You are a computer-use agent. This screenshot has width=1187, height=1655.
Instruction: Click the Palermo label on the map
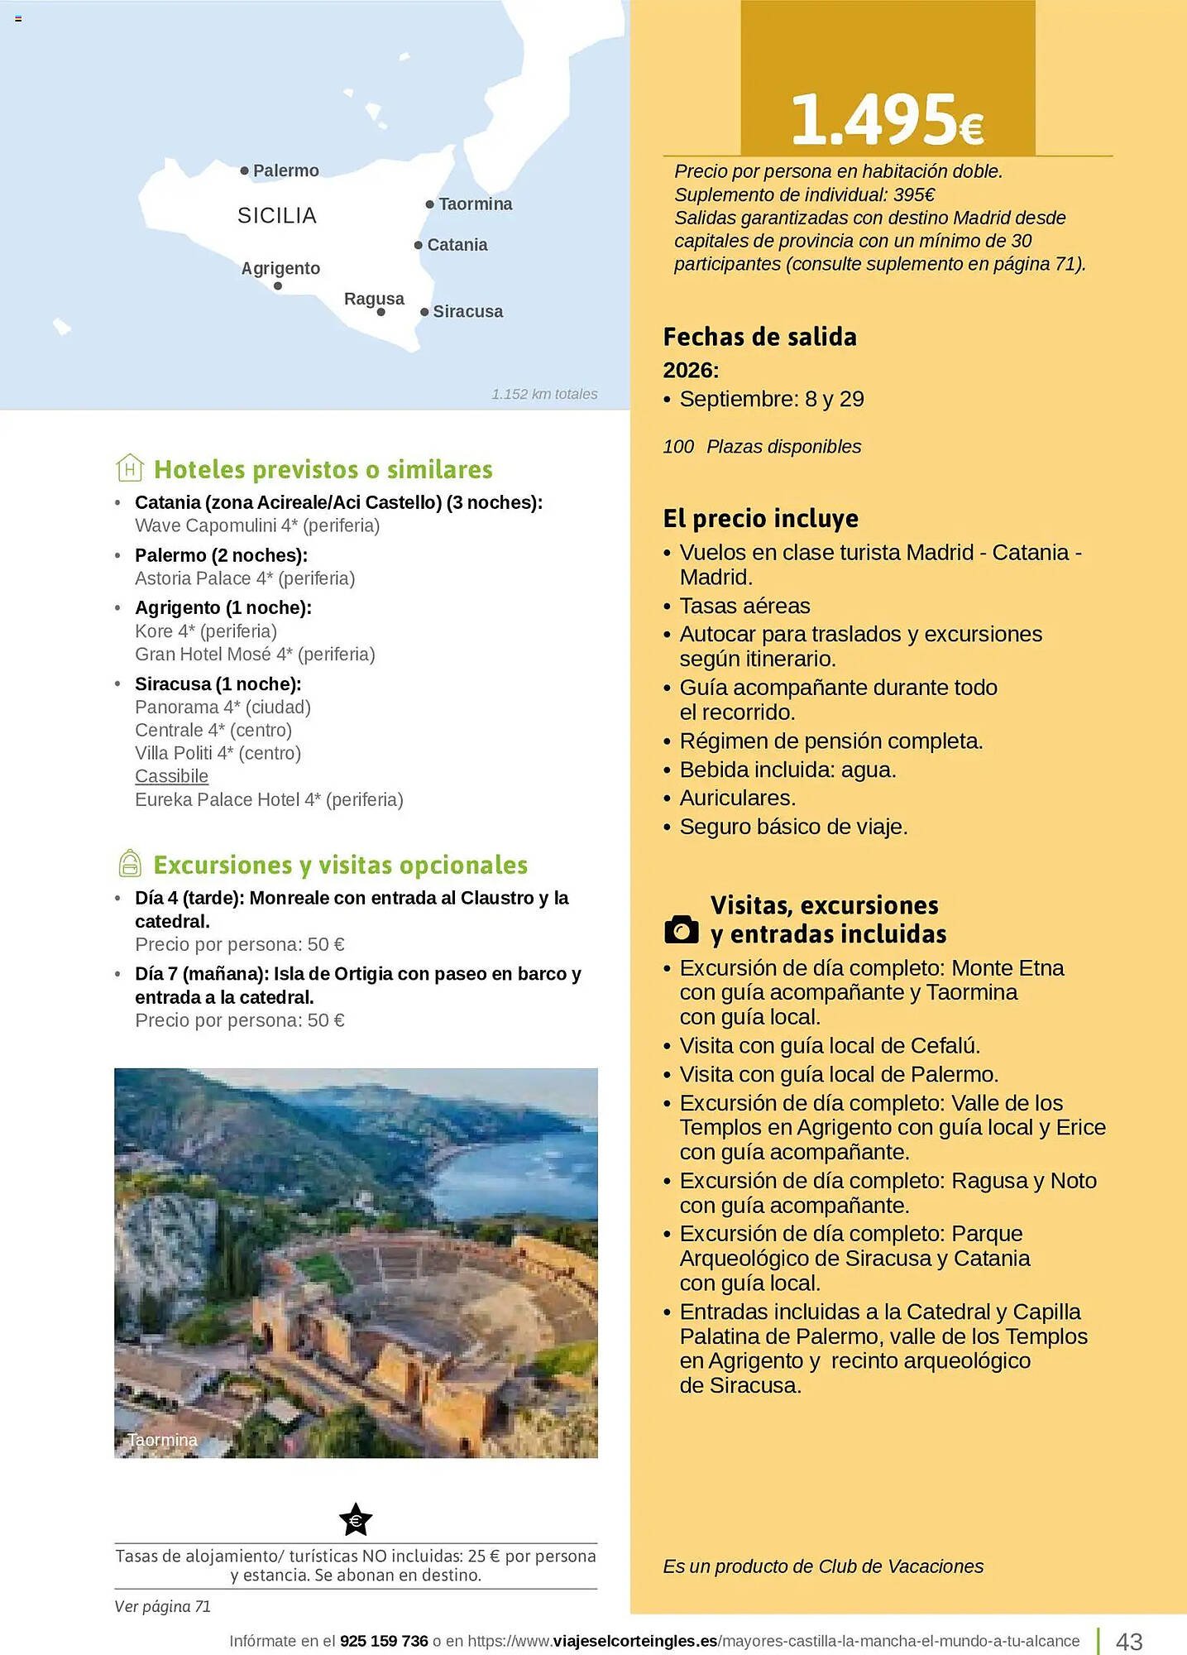[x=285, y=171]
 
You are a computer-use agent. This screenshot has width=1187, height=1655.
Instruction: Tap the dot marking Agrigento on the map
[x=278, y=286]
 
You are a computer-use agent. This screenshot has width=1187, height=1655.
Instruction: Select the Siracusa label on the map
[x=467, y=312]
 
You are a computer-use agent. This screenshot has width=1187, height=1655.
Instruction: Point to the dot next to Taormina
[x=430, y=204]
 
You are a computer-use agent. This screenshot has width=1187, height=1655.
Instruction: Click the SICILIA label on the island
[x=277, y=216]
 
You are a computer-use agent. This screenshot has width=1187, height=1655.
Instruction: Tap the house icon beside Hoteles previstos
[x=130, y=468]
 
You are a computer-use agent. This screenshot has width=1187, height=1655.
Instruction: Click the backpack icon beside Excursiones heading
[x=130, y=864]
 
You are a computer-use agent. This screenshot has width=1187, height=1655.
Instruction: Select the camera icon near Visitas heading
[x=682, y=929]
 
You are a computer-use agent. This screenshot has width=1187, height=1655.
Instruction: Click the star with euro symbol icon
[x=356, y=1519]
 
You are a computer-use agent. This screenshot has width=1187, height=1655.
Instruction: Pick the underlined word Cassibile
[x=171, y=776]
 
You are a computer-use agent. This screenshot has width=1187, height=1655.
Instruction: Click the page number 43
[x=1129, y=1640]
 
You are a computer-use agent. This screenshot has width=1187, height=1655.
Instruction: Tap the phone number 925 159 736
[x=384, y=1641]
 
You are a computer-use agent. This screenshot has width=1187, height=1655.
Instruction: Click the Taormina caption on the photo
[x=162, y=1440]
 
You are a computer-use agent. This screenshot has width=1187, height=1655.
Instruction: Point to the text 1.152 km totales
[x=544, y=394]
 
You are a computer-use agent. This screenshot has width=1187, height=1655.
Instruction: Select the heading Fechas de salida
[x=759, y=337]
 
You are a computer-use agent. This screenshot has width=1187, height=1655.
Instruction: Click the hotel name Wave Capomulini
[x=206, y=525]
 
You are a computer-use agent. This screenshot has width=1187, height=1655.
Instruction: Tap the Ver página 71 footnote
[x=162, y=1606]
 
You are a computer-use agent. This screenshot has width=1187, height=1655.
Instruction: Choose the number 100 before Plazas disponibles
[x=678, y=447]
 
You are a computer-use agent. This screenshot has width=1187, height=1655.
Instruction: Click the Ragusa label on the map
[x=374, y=299]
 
